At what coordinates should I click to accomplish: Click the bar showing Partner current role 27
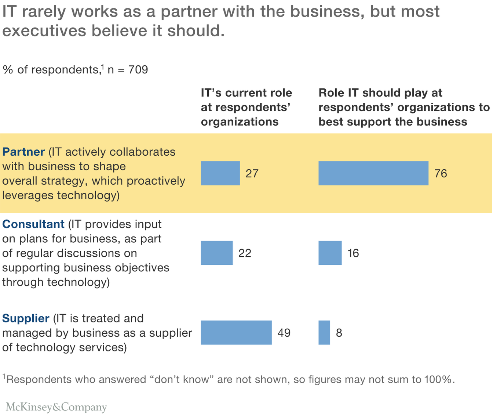(220, 173)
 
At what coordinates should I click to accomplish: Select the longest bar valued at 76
(373, 173)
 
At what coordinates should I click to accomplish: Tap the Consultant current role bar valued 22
(216, 253)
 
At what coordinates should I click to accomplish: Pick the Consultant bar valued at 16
(330, 253)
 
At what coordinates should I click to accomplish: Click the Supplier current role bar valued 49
(236, 333)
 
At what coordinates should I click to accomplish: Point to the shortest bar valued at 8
(324, 333)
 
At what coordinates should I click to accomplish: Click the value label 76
(441, 173)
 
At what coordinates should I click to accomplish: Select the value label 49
(284, 333)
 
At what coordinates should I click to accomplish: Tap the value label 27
(252, 173)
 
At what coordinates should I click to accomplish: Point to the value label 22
(245, 253)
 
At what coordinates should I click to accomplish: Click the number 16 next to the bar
(353, 253)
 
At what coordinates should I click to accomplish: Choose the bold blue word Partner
(23, 152)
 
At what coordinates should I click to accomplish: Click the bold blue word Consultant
(33, 224)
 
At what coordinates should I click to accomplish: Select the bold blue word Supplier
(26, 318)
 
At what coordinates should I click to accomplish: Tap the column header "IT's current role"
(246, 93)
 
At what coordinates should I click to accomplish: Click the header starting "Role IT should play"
(380, 93)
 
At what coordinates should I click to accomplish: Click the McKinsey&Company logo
(56, 407)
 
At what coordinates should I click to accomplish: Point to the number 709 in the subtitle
(138, 70)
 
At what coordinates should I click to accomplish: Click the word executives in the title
(45, 31)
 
